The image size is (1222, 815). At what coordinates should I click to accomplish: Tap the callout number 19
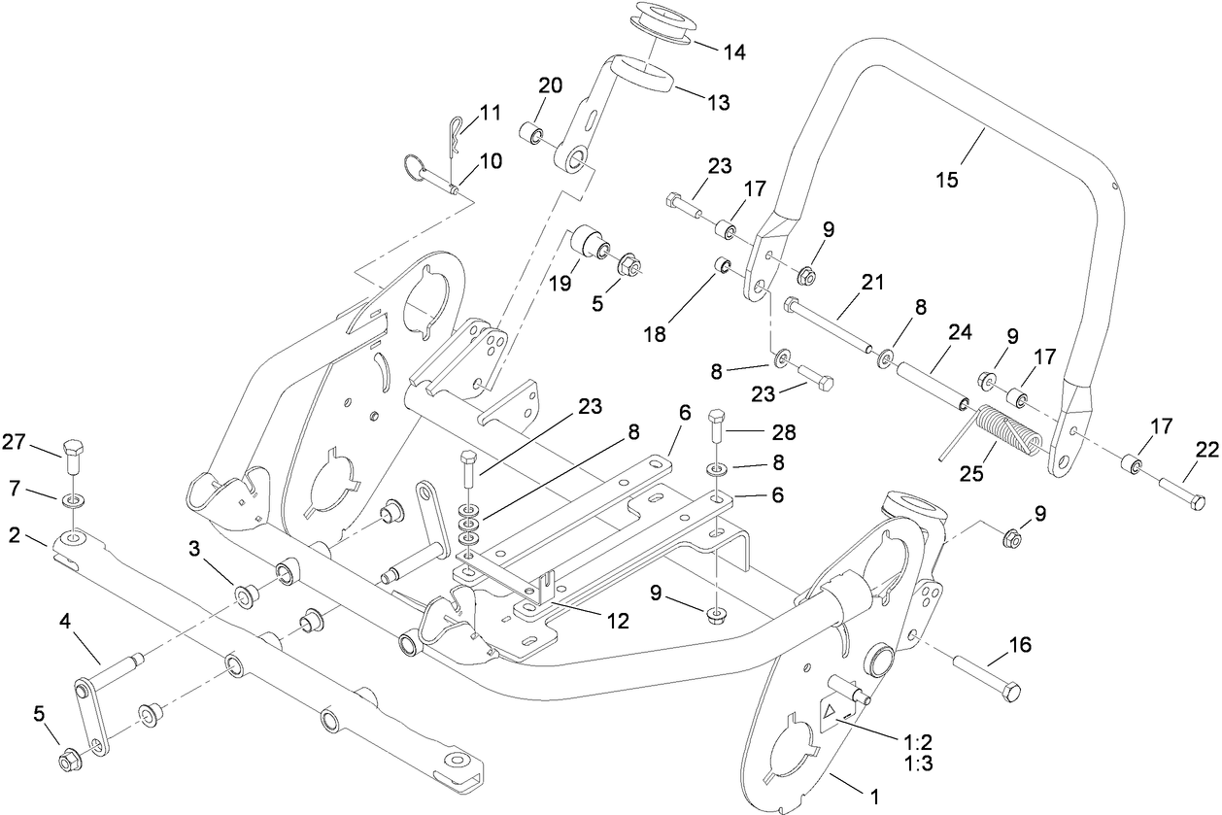click(560, 284)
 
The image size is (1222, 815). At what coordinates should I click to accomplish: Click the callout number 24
click(960, 332)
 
